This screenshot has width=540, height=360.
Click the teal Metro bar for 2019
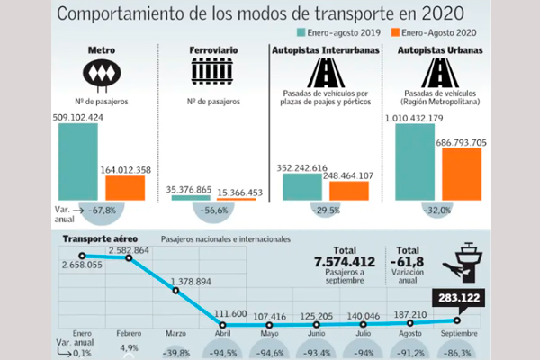[x=78, y=162]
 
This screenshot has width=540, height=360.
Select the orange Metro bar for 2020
[x=125, y=188]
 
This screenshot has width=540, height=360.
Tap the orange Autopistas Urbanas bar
[x=462, y=174]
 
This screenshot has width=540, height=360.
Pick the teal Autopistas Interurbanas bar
[x=302, y=186]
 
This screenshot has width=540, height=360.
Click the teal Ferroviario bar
[x=191, y=198]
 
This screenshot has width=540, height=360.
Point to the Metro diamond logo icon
[x=102, y=75]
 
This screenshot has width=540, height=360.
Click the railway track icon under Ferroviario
[x=212, y=71]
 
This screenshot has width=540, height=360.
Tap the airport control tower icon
[x=463, y=263]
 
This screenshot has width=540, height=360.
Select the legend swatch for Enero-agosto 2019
[x=301, y=32]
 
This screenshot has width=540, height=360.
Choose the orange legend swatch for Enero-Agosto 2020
[x=395, y=32]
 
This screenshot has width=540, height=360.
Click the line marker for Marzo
[x=176, y=291]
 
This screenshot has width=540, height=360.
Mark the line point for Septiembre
[x=457, y=320]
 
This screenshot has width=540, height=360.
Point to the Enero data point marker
[x=82, y=256]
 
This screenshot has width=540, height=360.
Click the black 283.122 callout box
[x=459, y=298]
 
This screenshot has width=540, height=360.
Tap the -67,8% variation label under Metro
[x=102, y=210]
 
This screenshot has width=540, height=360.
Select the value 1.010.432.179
[x=414, y=118]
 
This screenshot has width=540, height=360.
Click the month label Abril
[x=223, y=334]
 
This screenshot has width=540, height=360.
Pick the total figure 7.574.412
[x=345, y=262]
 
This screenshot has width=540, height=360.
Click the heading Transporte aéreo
[x=100, y=239]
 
